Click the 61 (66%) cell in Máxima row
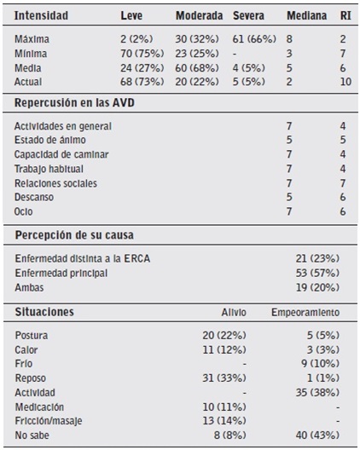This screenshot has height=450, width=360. (x=253, y=39)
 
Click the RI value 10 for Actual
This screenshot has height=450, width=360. (x=344, y=80)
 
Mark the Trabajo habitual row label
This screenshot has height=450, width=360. (x=49, y=169)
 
